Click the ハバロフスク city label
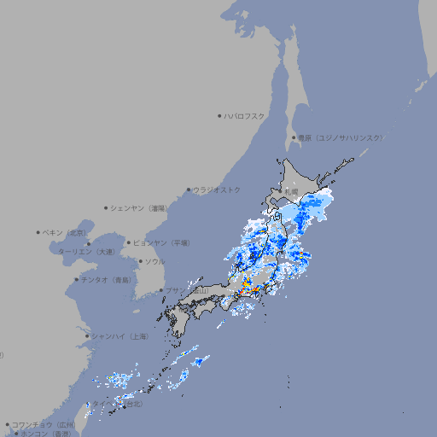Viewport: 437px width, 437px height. pyautogui.click(x=245, y=115)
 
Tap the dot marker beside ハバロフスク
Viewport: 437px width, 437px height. pyautogui.click(x=219, y=115)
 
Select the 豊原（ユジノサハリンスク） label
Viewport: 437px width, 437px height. pyautogui.click(x=341, y=137)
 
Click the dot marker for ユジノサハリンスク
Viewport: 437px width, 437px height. pyautogui.click(x=294, y=137)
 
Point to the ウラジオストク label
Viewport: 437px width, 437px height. pyautogui.click(x=217, y=189)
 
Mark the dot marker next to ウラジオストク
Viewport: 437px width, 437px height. pyautogui.click(x=189, y=189)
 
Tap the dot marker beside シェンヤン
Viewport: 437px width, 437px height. pyautogui.click(x=107, y=207)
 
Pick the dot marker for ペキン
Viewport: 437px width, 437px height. pyautogui.click(x=38, y=232)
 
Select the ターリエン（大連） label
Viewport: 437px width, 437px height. pyautogui.click(x=86, y=252)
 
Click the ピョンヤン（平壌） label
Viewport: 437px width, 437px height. pyautogui.click(x=162, y=242)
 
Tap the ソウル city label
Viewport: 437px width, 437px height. pyautogui.click(x=154, y=261)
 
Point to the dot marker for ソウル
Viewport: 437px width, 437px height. pyautogui.click(x=140, y=261)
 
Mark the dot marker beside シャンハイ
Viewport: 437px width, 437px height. pyautogui.click(x=87, y=336)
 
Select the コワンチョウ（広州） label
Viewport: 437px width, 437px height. pyautogui.click(x=44, y=424)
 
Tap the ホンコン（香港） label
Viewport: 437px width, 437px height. pyautogui.click(x=46, y=434)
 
